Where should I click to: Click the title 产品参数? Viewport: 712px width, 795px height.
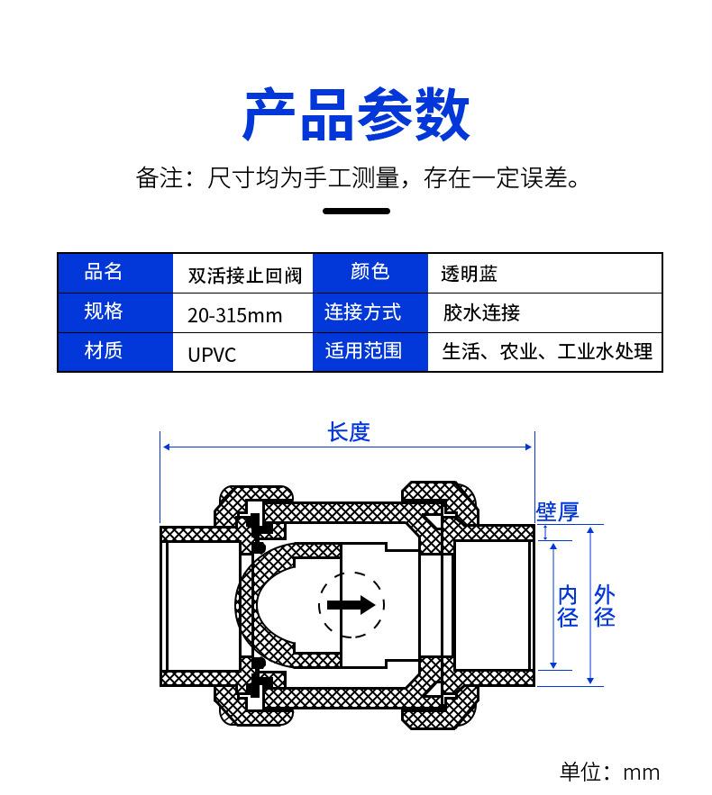pos(356,114)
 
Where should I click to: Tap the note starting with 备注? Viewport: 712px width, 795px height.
pos(356,177)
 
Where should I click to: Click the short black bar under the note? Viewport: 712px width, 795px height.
pos(356,212)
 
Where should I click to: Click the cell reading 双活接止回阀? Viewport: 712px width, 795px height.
pos(244,275)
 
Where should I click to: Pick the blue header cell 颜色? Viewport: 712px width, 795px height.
pos(370,272)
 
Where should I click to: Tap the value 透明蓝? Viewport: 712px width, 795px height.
pos(469,274)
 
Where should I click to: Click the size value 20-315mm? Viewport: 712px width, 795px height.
pos(234,315)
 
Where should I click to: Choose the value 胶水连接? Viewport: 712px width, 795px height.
pos(481,312)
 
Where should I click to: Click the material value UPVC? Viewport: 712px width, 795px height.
pos(212,354)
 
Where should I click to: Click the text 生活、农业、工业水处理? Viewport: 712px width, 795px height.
pos(547,351)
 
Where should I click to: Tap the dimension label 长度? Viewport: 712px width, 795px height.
pos(349,432)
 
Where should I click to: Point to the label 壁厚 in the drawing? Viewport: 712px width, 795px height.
pos(557,511)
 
